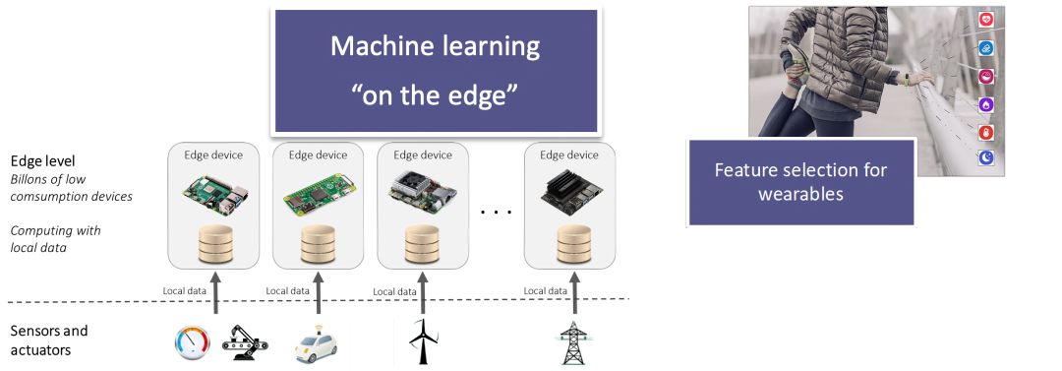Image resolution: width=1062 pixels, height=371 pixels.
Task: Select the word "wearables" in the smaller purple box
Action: tap(800, 194)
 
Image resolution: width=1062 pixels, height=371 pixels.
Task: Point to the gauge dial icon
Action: tap(192, 341)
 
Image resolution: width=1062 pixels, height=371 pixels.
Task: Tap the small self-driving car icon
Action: tap(317, 343)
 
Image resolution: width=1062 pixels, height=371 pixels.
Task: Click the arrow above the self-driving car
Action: tap(318, 292)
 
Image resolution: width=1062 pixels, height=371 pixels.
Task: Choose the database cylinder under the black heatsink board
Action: tap(569, 243)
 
